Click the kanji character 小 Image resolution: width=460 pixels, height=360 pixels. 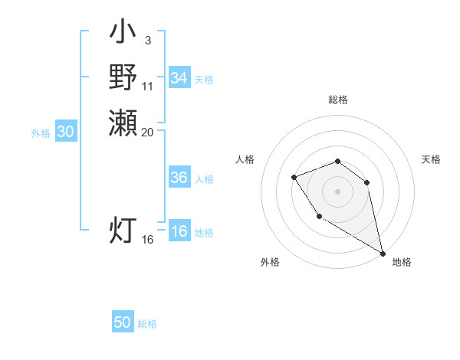123,34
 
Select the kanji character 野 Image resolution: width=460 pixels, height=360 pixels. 123,77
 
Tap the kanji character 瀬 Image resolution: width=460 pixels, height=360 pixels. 123,122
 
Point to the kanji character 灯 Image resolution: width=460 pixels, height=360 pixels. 123,230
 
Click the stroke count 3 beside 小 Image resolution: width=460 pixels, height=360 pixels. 147,40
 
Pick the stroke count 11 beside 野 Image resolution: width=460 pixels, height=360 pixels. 147,86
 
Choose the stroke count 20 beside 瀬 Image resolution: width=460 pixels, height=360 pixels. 147,132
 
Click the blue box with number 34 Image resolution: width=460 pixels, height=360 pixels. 179,78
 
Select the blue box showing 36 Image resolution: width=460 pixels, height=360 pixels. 179,178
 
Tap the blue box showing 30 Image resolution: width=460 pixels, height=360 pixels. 66,132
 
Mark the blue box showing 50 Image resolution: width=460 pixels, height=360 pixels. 123,322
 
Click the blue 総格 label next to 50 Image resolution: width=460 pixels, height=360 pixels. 147,324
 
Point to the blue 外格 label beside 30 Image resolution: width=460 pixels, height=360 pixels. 41,133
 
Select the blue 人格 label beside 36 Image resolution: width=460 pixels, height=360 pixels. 204,179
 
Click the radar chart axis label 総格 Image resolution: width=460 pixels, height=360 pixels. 338,100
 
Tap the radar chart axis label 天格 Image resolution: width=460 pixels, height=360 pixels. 431,159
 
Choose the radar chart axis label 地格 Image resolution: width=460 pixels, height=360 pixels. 402,262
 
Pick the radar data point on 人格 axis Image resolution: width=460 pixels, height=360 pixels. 294,178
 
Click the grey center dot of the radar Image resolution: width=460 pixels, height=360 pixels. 338,190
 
